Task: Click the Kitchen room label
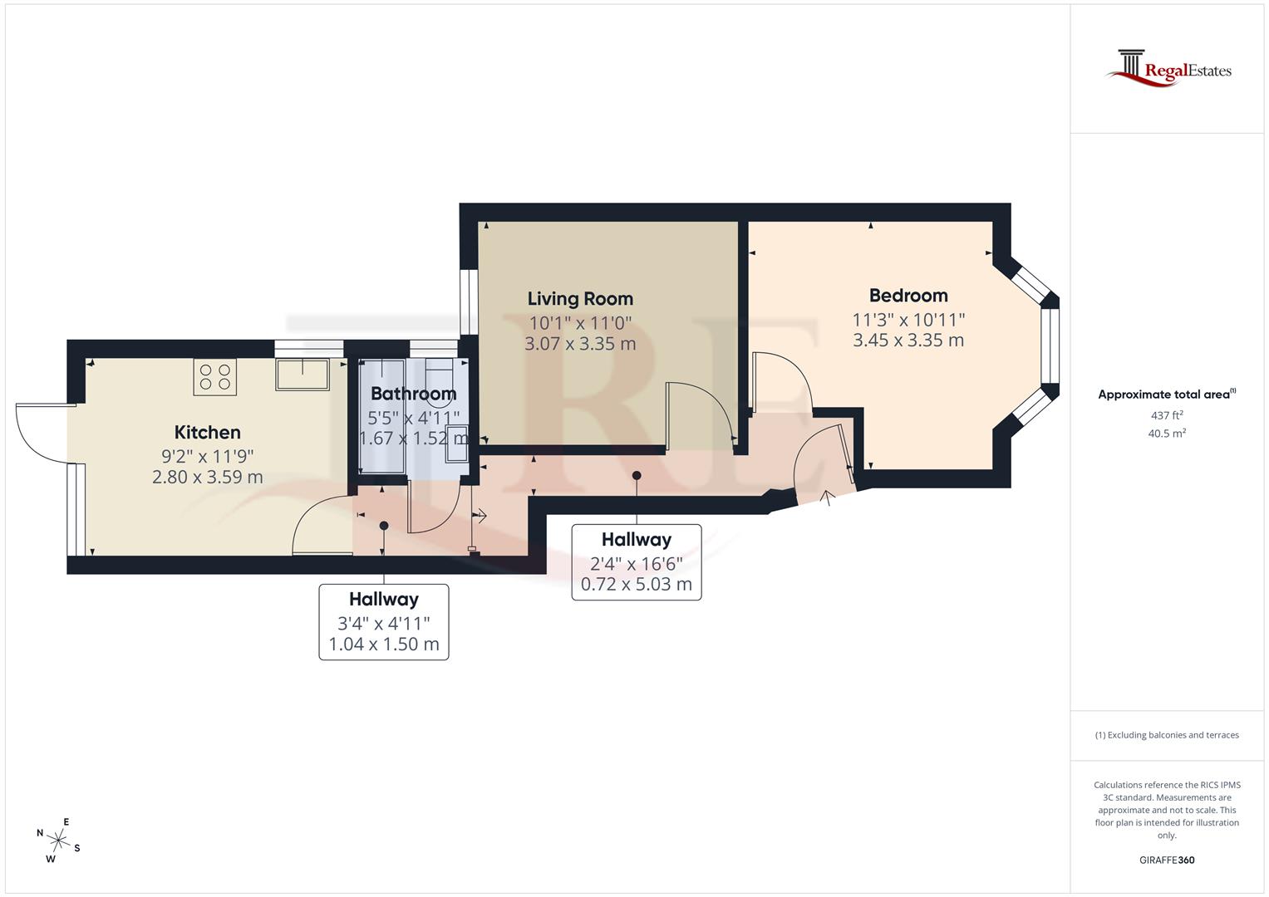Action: (x=208, y=432)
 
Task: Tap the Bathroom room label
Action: (x=413, y=394)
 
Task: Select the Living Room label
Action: (x=580, y=299)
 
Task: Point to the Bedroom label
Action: (x=908, y=296)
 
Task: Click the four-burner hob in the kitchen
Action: (x=215, y=376)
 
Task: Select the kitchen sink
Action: (x=302, y=374)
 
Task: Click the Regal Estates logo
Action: (x=1168, y=67)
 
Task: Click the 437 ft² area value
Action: (x=1167, y=415)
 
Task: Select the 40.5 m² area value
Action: (x=1167, y=433)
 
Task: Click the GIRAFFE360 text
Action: (x=1167, y=860)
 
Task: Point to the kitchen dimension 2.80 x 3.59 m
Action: (x=208, y=477)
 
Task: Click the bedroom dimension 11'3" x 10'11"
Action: (x=908, y=320)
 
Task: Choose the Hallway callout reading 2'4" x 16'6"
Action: (x=637, y=561)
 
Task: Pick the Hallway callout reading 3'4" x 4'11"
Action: (x=383, y=621)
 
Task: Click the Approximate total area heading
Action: (x=1167, y=395)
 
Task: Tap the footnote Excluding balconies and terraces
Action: (x=1167, y=735)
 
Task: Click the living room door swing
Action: (x=698, y=411)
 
